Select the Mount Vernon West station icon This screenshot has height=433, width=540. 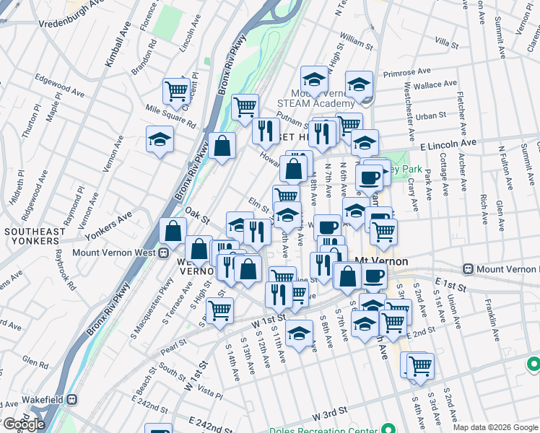[x=163, y=253]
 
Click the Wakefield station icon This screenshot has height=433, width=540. [x=72, y=398]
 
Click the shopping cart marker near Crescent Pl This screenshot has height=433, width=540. [x=176, y=91]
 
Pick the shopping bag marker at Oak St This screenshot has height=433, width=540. [x=173, y=231]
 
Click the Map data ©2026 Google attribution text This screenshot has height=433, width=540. [x=495, y=427]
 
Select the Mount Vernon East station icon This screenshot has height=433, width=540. [x=469, y=269]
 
